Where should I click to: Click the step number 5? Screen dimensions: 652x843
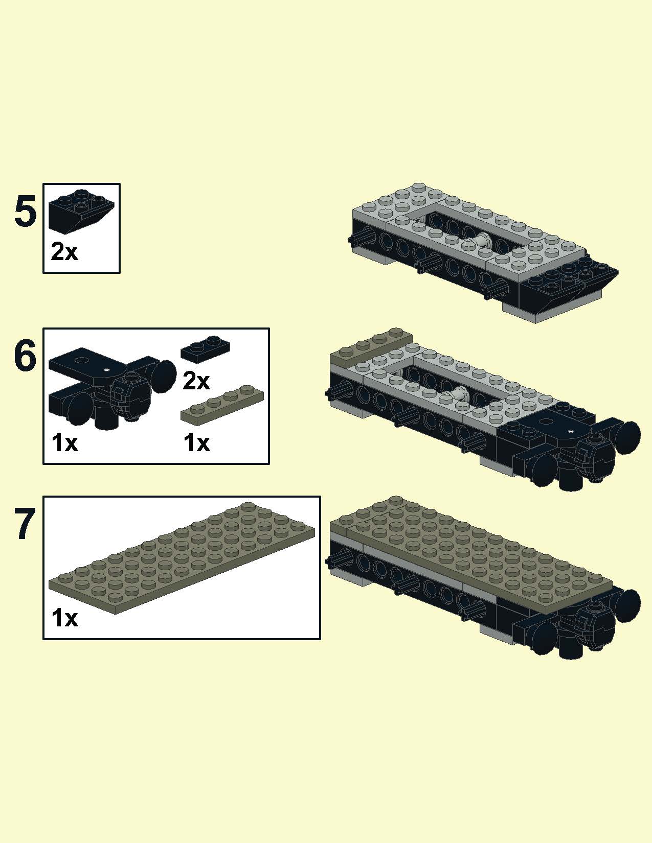[x=25, y=212]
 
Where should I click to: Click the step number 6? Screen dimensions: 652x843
[x=25, y=355]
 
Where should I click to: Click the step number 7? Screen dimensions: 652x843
[x=26, y=523]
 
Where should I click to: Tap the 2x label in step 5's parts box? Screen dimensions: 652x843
[x=64, y=252]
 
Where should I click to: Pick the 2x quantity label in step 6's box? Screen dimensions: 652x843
[x=196, y=381]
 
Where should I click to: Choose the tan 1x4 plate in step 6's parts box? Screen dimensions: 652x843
[x=222, y=405]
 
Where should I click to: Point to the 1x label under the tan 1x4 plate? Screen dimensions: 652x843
[x=197, y=443]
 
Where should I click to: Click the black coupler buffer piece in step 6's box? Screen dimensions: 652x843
[x=110, y=388]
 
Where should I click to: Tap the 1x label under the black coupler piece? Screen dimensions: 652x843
[x=65, y=443]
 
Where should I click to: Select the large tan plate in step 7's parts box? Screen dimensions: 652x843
[x=182, y=558]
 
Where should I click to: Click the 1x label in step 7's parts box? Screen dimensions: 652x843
[x=65, y=618]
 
